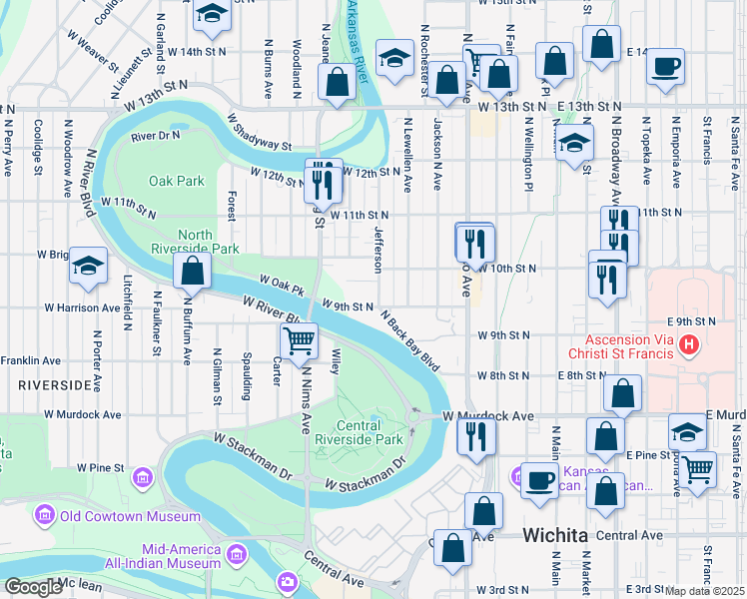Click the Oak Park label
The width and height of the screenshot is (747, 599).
[176, 181]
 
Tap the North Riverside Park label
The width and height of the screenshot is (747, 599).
[195, 240]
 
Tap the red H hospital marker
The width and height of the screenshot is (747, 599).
[688, 345]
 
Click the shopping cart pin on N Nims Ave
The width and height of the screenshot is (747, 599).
[299, 341]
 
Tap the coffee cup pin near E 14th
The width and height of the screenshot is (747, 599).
[665, 68]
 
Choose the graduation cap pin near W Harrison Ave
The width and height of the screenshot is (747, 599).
[89, 267]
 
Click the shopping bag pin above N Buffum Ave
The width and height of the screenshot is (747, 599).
[191, 271]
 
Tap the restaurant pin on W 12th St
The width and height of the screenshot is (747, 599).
[322, 179]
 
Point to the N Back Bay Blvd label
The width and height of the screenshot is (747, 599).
[409, 339]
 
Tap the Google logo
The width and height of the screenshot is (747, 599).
[33, 588]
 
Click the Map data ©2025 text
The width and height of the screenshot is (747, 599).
[705, 591]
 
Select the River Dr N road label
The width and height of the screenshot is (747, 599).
[155, 135]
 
